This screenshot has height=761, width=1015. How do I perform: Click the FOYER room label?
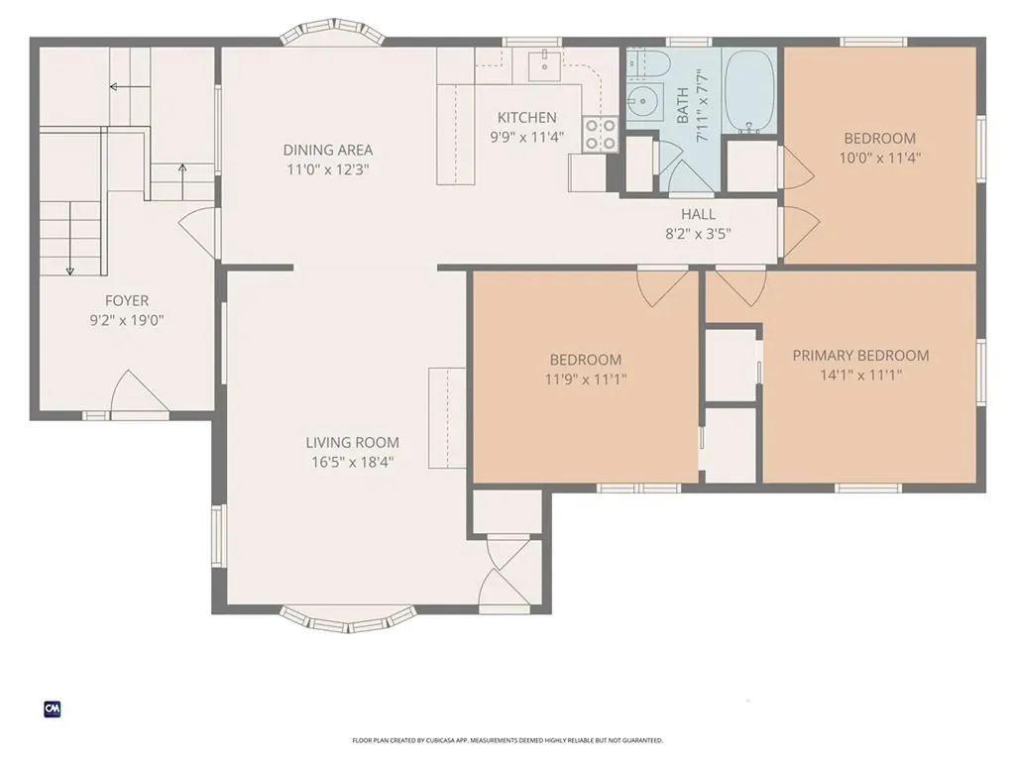pos(127,300)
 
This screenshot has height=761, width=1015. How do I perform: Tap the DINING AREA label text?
pos(328,150)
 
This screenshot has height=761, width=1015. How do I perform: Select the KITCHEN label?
pos(526,118)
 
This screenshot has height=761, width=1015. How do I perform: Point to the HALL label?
pos(698,214)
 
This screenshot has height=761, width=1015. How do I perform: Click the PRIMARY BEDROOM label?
pos(860,355)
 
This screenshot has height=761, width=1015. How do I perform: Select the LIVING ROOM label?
pos(352,442)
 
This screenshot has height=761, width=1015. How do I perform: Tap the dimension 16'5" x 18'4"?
pos(352,461)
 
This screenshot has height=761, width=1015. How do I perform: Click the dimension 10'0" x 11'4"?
pos(879,157)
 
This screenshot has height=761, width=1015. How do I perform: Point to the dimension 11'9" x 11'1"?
pos(586,379)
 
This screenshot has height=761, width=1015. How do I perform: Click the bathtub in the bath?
pos(750,91)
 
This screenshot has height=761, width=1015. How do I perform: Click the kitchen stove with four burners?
pos(601,134)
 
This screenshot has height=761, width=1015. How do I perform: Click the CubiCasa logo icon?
pos(53,708)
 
